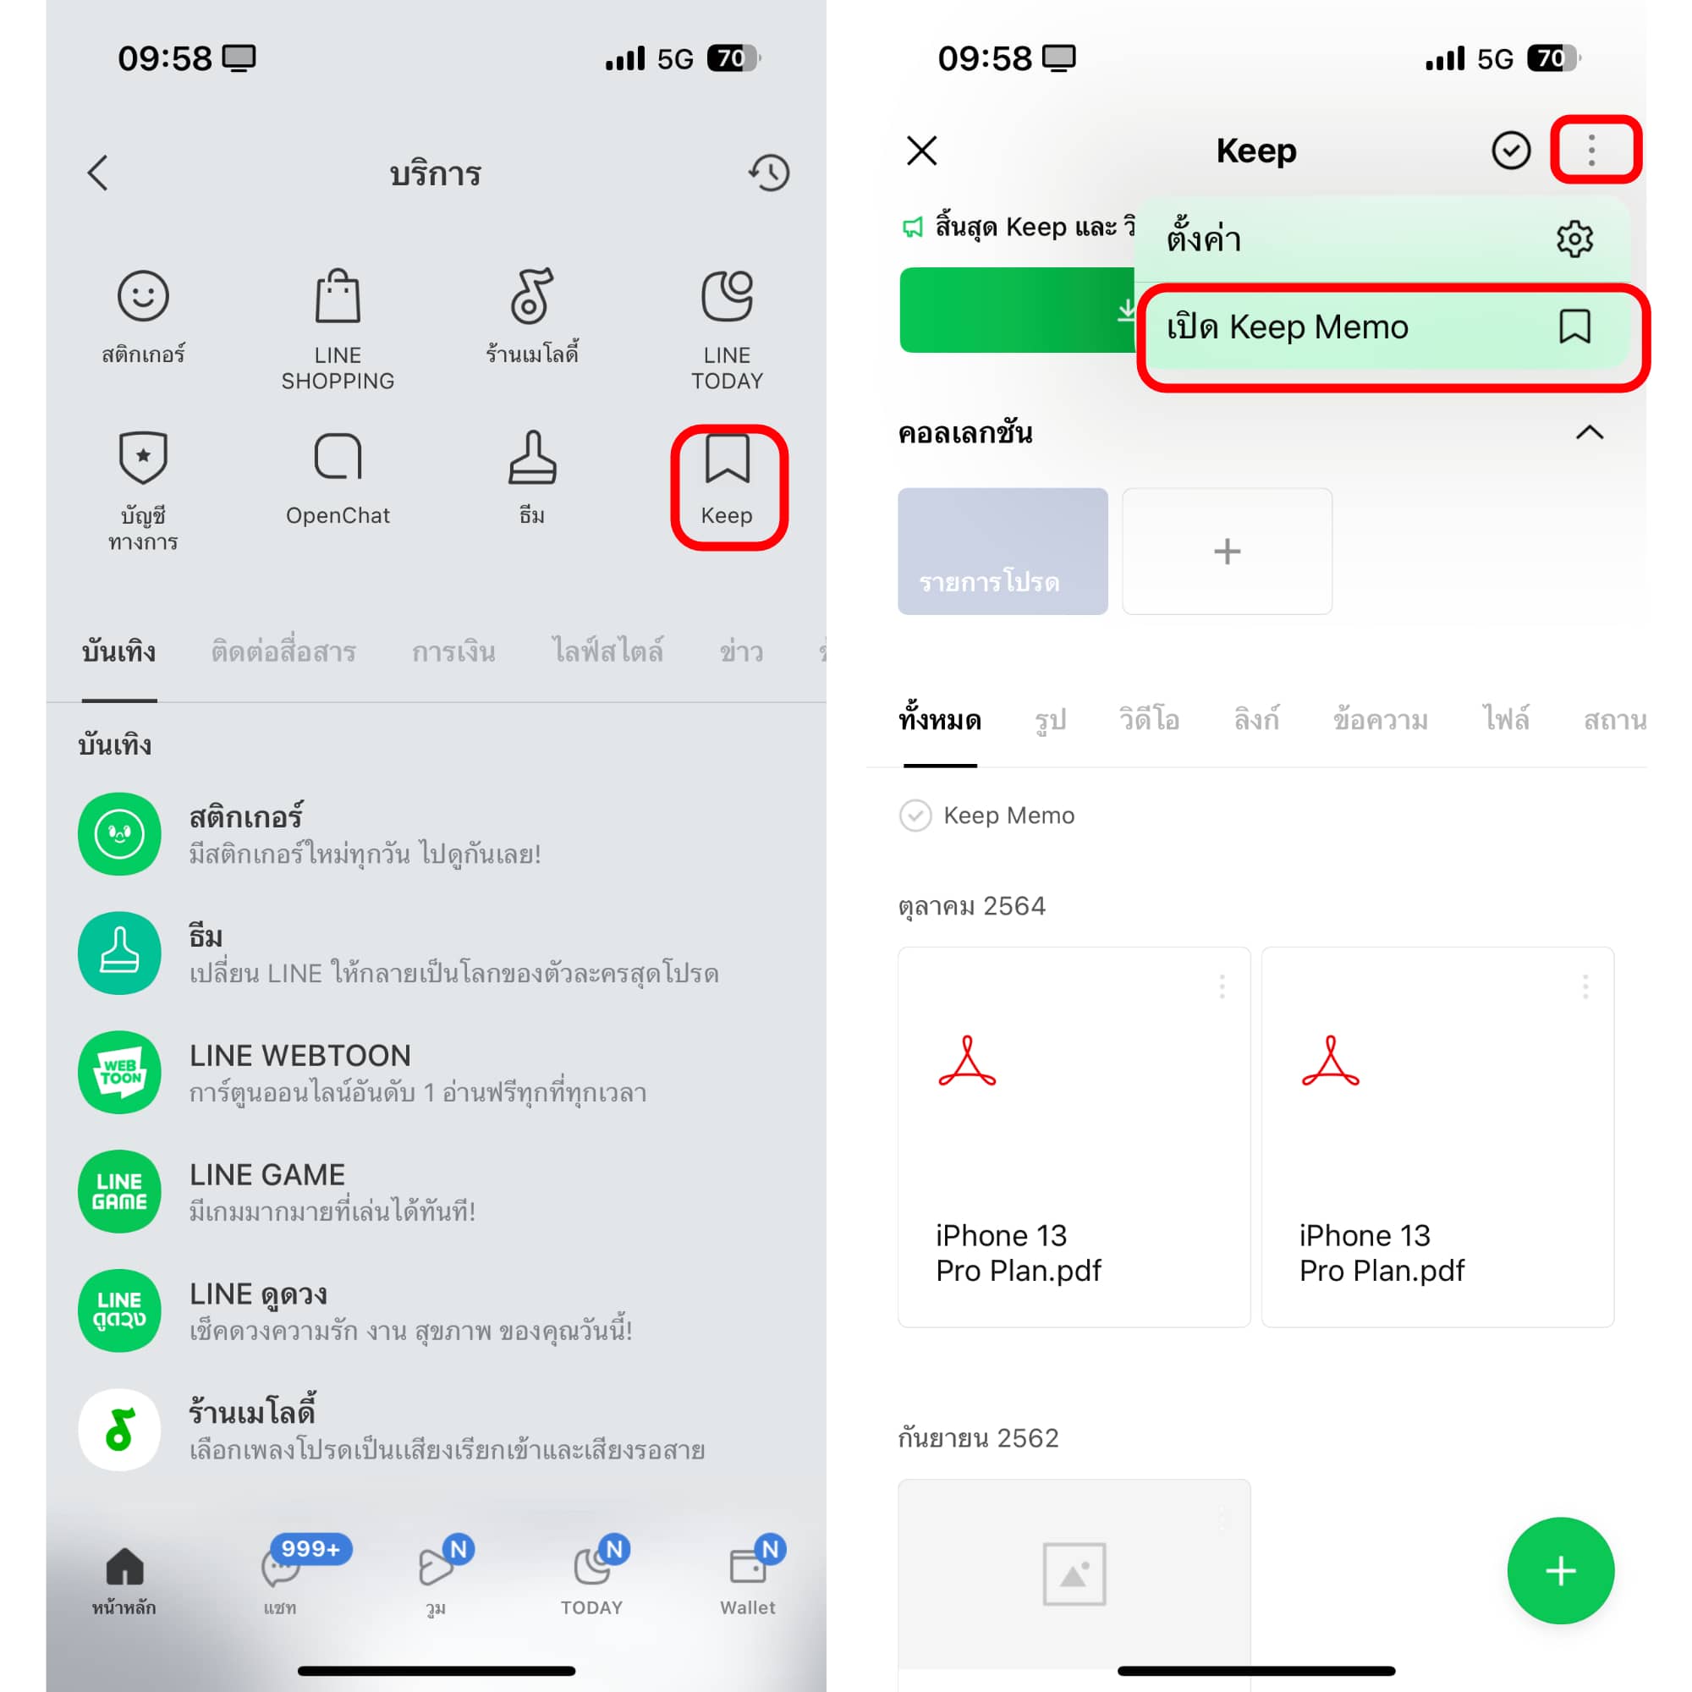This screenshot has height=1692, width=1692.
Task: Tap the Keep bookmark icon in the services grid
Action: pyautogui.click(x=727, y=457)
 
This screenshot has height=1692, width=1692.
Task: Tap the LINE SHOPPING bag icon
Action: pyautogui.click(x=338, y=296)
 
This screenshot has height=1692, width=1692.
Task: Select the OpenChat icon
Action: pyautogui.click(x=338, y=456)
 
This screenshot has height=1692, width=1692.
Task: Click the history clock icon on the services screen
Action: pyautogui.click(x=769, y=173)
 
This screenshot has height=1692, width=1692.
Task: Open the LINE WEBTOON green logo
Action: pyautogui.click(x=120, y=1072)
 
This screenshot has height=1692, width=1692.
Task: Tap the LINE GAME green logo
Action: pyautogui.click(x=120, y=1191)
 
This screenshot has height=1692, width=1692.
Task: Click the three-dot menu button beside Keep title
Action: pyautogui.click(x=1591, y=151)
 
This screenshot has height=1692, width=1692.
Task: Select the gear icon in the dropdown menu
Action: pyautogui.click(x=1574, y=239)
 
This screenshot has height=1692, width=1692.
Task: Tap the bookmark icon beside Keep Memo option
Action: pyautogui.click(x=1574, y=327)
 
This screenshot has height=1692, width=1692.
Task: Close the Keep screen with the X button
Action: pyautogui.click(x=922, y=151)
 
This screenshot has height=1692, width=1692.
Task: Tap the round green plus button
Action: pyautogui.click(x=1561, y=1570)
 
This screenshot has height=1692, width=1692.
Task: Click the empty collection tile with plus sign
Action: pyautogui.click(x=1227, y=551)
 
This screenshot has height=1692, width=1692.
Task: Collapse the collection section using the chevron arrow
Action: pyautogui.click(x=1590, y=432)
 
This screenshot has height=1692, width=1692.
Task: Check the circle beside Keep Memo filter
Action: pyautogui.click(x=915, y=816)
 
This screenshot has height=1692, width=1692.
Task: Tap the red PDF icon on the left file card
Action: pyautogui.click(x=967, y=1062)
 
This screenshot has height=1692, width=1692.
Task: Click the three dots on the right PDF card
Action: pyautogui.click(x=1585, y=987)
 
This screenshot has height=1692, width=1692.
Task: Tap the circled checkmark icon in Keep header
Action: pyautogui.click(x=1511, y=151)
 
